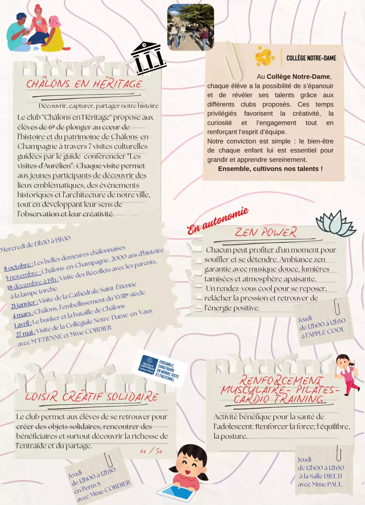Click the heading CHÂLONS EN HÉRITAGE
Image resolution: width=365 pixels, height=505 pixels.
[84, 84]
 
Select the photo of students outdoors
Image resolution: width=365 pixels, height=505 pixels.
[191, 27]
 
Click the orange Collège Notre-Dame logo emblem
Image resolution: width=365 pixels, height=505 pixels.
[264, 56]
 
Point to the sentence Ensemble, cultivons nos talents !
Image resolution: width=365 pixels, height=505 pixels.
[270, 169]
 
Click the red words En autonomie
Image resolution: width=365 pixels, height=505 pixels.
[217, 220]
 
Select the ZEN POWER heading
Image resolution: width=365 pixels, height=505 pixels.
[266, 232]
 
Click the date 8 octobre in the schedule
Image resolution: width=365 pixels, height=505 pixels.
[18, 266]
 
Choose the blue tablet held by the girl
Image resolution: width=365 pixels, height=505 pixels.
[176, 492]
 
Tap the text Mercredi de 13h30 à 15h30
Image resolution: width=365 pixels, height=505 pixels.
[35, 244]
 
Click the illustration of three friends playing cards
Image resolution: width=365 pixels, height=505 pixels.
[36, 29]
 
